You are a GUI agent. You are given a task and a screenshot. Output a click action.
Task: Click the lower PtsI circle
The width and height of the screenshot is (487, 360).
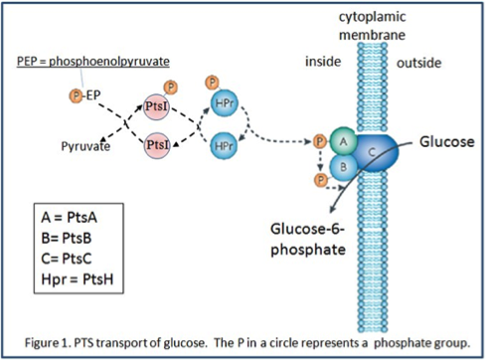coord(157,145)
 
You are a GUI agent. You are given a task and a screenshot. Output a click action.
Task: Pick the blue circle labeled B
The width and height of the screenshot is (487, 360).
coord(343,167)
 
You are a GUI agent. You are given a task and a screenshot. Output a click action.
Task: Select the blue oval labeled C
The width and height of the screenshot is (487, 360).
coord(373,155)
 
